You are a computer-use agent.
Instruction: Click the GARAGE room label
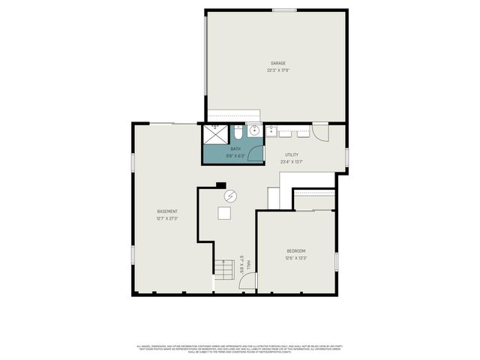coord(278,63)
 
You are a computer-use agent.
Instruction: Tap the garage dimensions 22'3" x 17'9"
coord(278,70)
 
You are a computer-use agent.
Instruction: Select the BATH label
coord(235,149)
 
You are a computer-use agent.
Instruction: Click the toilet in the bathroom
coord(238,132)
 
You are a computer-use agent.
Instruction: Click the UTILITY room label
coord(291,154)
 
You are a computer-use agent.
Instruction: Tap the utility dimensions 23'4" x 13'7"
coord(291,162)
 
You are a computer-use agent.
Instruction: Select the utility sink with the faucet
coord(271,132)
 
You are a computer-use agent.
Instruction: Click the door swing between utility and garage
coord(320,133)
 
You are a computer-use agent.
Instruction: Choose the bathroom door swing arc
coord(256,155)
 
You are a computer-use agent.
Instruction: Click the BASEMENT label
coord(166,211)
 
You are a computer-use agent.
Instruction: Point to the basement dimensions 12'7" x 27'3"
coord(166,219)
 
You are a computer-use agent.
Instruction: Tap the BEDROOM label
coord(296,250)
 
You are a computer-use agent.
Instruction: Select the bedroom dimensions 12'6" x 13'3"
coord(296,258)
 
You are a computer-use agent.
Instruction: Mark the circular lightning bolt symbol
coord(229,195)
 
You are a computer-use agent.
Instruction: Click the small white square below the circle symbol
coord(225,213)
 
